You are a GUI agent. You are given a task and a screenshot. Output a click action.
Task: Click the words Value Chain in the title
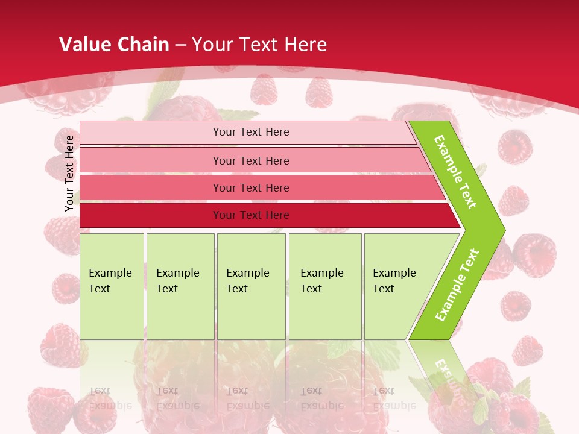[114, 44]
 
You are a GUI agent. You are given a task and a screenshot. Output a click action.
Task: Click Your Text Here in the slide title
[259, 44]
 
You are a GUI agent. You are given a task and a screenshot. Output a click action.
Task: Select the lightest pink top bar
[151, 132]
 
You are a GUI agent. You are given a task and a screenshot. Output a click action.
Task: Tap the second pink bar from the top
[151, 160]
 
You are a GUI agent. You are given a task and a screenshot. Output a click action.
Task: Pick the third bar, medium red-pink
[151, 187]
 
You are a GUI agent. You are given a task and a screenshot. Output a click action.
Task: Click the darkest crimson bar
[151, 215]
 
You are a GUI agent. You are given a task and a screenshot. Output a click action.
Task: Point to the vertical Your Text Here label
[69, 173]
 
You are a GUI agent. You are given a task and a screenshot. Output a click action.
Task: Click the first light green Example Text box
[112, 286]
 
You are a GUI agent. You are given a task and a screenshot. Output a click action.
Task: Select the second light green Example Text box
[180, 286]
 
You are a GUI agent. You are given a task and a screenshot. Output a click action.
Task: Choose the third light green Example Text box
[251, 286]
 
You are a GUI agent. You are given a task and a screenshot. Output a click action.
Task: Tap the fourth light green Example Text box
[324, 286]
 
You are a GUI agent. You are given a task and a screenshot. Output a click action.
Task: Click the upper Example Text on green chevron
[455, 172]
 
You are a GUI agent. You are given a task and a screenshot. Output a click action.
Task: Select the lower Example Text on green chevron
[457, 285]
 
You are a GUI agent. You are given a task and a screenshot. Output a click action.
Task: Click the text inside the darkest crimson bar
[251, 215]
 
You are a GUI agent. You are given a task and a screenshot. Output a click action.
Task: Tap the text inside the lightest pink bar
[251, 132]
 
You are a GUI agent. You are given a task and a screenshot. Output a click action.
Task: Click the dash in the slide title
[180, 45]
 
